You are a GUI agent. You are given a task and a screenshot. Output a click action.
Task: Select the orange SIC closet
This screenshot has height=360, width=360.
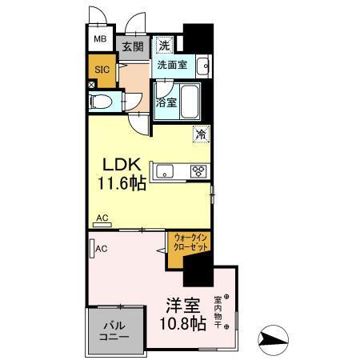click(102, 70)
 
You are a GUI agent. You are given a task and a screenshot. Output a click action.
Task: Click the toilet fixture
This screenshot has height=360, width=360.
click(102, 102)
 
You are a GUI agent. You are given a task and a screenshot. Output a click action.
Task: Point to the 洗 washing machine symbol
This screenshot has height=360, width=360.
click(164, 45)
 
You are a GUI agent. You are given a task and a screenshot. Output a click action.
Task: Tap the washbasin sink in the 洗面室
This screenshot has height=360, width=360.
click(202, 65)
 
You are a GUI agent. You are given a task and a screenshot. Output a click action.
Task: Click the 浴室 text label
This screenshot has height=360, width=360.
click(166, 102)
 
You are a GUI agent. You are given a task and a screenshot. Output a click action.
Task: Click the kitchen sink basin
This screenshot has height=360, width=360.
click(166, 170)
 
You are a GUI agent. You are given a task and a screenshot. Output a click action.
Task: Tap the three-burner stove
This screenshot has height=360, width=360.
click(197, 170)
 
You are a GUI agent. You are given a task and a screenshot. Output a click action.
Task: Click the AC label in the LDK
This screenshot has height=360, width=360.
click(102, 218)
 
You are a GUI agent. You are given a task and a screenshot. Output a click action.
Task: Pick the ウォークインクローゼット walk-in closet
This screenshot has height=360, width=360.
click(190, 242)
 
